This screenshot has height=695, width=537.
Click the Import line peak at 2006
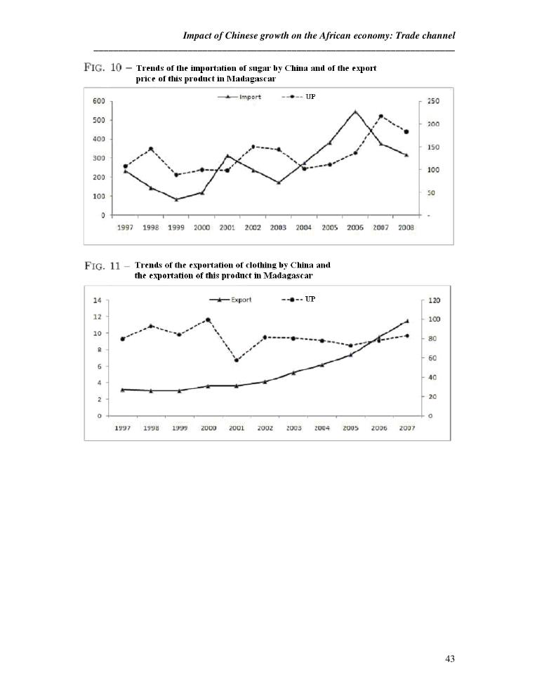point(355,111)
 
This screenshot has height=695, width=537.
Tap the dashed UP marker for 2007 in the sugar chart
point(380,117)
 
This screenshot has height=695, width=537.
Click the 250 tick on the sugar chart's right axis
point(433,101)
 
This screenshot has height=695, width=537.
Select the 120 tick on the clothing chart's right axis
point(434,300)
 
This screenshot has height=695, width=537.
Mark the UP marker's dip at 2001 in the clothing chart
point(236,360)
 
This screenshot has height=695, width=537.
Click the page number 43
point(450,658)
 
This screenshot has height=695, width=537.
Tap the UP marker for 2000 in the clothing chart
point(208,320)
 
